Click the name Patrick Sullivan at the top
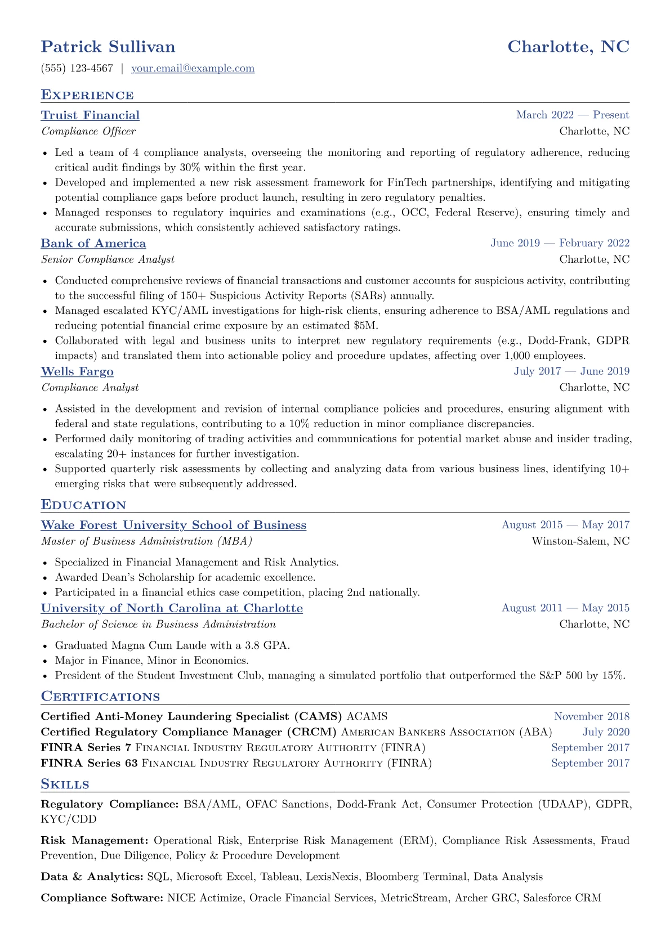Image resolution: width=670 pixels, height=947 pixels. tap(108, 47)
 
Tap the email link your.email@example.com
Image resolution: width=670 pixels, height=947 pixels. tap(193, 69)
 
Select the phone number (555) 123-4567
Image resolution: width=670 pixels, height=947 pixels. tap(77, 69)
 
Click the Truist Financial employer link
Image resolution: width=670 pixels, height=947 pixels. tap(90, 115)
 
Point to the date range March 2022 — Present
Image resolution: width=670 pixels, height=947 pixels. tap(572, 115)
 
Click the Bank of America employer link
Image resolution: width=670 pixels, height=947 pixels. tap(93, 244)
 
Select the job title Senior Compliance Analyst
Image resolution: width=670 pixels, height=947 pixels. tap(108, 259)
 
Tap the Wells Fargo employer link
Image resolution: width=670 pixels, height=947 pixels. tap(77, 372)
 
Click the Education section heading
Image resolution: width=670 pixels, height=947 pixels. tap(83, 505)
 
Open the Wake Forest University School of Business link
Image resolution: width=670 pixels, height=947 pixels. tap(173, 525)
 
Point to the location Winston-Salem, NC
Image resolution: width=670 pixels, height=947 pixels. tap(580, 541)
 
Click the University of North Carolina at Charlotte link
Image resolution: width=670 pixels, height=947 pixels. tap(172, 608)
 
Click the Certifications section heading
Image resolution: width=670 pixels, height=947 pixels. tap(100, 697)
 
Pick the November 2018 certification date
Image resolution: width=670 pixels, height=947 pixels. tap(591, 716)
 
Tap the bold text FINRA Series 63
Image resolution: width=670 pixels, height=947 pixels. tap(89, 764)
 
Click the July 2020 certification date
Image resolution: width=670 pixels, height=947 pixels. tap(606, 732)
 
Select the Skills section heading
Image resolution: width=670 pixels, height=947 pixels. tap(65, 784)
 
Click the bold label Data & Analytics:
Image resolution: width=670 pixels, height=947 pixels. tap(92, 877)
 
